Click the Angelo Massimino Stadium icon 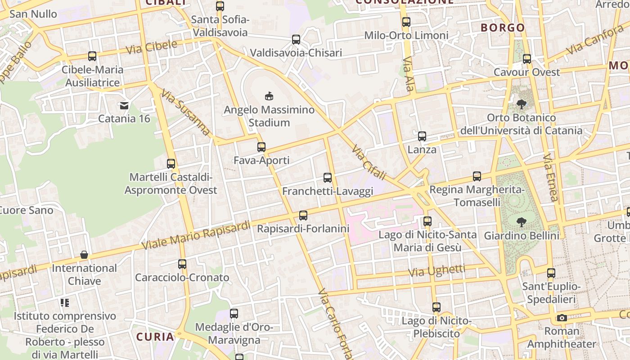269,96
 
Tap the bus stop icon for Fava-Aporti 261,147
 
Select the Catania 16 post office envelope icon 124,106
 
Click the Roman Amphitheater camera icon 562,318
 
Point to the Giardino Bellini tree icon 522,222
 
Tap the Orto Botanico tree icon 522,104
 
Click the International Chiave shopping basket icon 84,255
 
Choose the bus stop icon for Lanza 422,136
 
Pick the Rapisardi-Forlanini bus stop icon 303,216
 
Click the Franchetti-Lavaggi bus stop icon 328,178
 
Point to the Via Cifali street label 369,162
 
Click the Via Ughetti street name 437,271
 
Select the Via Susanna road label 185,113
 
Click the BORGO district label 503,27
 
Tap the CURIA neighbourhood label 155,337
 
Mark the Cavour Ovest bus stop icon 527,59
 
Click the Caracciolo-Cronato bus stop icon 182,264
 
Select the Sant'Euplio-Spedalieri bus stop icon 551,273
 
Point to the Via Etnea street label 550,178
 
